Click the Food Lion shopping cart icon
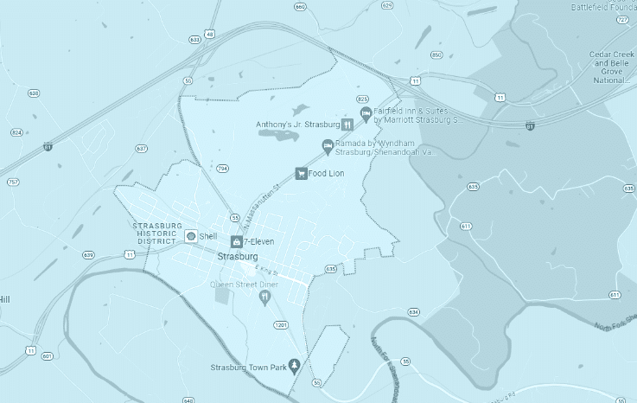(x=301, y=173)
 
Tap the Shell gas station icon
(x=191, y=236)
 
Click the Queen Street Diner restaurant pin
(x=265, y=297)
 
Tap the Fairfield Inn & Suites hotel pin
(x=366, y=114)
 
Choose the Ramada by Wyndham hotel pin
(x=328, y=145)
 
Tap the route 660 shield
(x=300, y=6)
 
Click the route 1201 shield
(x=280, y=325)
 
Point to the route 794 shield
(x=223, y=168)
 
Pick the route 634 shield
(x=413, y=311)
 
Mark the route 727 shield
(x=623, y=19)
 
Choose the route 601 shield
(x=47, y=355)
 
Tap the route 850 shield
(x=436, y=54)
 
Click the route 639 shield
(x=88, y=255)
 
